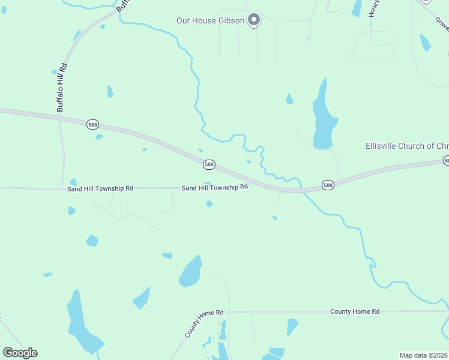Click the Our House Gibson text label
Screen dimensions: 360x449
[210, 21]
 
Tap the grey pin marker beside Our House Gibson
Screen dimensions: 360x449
[254, 20]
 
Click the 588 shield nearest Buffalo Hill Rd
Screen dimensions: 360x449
[92, 124]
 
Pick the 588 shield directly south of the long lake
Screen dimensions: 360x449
[327, 185]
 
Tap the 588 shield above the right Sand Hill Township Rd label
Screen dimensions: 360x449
[209, 164]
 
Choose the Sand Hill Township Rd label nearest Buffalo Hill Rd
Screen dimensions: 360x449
[100, 188]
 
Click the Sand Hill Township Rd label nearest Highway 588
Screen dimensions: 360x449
[215, 188]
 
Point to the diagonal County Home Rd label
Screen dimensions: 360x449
[204, 323]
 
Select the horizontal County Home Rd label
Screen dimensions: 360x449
[355, 311]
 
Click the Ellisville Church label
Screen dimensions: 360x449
[407, 146]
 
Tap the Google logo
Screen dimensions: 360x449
[20, 352]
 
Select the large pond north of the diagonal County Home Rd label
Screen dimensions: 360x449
[190, 272]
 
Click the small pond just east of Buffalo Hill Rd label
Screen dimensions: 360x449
[110, 91]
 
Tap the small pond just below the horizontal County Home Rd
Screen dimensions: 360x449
[292, 326]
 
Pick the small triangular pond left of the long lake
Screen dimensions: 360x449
[289, 99]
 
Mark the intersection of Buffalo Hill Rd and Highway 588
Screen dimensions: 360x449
[60, 118]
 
